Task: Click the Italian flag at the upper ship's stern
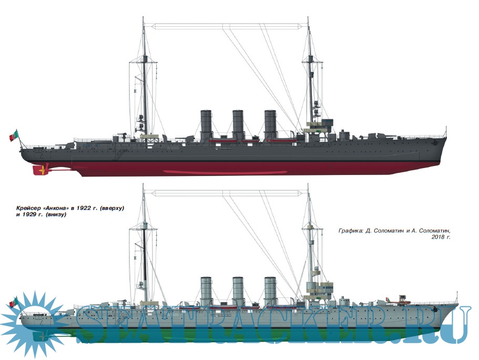14,136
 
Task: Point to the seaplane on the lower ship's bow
403,300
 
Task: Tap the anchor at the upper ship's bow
434,142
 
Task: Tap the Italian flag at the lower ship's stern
14,302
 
